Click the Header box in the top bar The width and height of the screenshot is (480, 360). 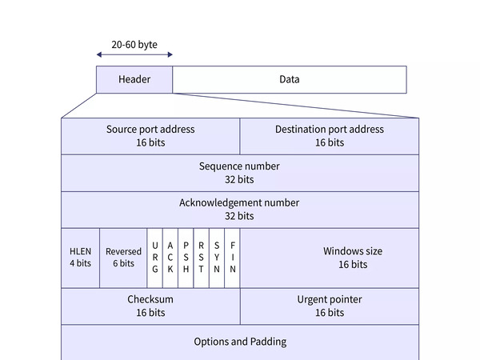[134, 79]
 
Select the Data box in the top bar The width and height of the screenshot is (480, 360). [290, 79]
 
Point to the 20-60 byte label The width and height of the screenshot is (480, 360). [134, 45]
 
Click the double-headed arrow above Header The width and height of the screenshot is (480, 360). [134, 54]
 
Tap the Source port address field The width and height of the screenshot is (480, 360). [150, 136]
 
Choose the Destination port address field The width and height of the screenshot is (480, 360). [329, 136]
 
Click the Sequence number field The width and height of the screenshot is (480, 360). [239, 173]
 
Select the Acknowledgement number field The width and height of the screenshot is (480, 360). [239, 210]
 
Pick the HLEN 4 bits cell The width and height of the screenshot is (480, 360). [80, 258]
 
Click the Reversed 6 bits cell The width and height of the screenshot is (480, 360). [123, 258]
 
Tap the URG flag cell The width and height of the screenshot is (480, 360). [155, 258]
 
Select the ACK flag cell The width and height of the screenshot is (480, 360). [170, 258]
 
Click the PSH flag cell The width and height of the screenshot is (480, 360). [186, 258]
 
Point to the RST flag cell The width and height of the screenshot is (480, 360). [201, 258]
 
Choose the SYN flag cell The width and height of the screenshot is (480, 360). [217, 258]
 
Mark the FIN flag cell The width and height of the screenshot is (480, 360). [232, 258]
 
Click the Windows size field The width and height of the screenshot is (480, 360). [329, 258]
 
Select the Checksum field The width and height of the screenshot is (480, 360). [150, 306]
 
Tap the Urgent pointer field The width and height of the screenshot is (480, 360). [329, 306]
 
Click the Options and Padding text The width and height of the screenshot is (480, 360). [239, 342]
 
